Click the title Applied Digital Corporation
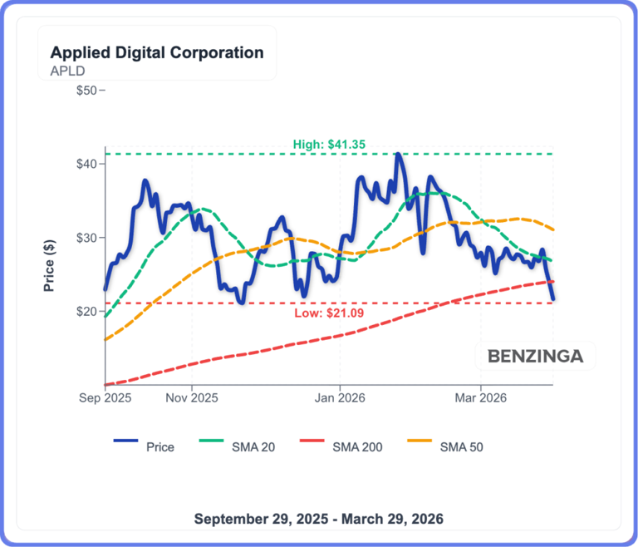click(157, 52)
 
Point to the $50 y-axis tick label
click(86, 90)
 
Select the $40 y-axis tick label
click(86, 164)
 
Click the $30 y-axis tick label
click(86, 238)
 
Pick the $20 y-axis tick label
click(86, 312)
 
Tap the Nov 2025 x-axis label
click(192, 398)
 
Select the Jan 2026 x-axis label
click(340, 398)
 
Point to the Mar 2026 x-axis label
click(480, 398)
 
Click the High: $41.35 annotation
click(330, 145)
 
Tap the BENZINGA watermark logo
click(535, 357)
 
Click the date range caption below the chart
click(319, 518)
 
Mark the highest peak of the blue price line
click(399, 154)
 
